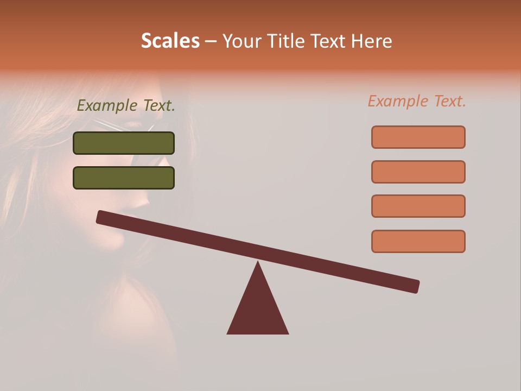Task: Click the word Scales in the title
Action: point(170,41)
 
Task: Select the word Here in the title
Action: point(372,41)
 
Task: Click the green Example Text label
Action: point(126,106)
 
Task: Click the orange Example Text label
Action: point(417,101)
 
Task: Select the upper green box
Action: point(124,143)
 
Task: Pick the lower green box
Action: point(124,178)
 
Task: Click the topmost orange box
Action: point(418,137)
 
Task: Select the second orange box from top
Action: point(418,172)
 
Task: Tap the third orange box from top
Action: point(418,206)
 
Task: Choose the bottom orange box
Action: point(418,241)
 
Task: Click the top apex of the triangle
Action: point(258,263)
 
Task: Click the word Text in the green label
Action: point(158,106)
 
